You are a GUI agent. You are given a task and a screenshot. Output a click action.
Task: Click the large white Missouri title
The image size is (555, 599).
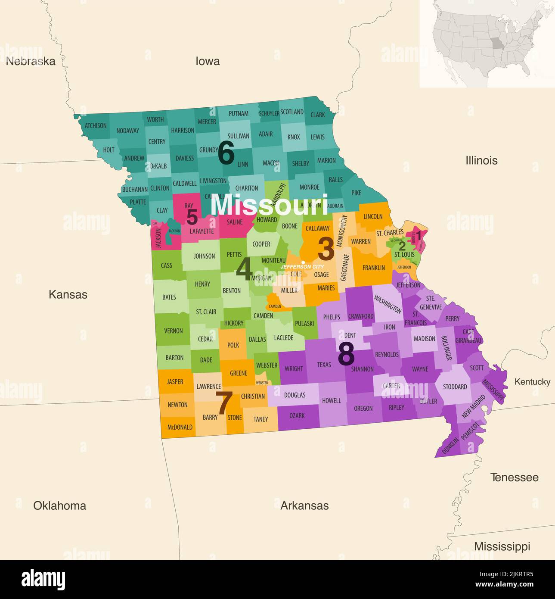[x=269, y=205]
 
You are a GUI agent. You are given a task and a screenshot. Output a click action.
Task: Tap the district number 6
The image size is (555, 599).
[x=226, y=153]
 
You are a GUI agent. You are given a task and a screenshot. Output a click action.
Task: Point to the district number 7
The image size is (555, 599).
[x=224, y=403]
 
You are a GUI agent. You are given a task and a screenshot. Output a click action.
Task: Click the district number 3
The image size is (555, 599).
[x=326, y=249]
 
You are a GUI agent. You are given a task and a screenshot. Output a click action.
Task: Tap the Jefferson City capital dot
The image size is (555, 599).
[x=303, y=262]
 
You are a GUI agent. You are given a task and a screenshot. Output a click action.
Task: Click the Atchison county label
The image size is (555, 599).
[x=96, y=126]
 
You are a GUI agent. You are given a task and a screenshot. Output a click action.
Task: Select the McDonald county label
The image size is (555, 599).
[x=180, y=427]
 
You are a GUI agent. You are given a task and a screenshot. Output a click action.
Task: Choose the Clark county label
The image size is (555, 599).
[x=318, y=115]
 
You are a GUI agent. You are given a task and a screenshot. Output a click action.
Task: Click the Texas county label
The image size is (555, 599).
[x=324, y=365]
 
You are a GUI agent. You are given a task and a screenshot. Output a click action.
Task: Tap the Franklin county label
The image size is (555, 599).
[x=373, y=268]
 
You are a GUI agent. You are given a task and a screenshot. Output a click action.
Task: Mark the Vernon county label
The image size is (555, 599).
[x=174, y=331]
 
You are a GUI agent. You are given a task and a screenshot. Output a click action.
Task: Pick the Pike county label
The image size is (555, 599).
[x=356, y=193]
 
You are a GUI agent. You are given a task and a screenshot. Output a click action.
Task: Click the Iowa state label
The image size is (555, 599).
[x=208, y=61]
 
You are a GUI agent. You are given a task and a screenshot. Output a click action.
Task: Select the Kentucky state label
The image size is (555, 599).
[x=532, y=382]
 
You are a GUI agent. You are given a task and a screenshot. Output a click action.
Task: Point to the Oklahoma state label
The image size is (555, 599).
[x=59, y=505]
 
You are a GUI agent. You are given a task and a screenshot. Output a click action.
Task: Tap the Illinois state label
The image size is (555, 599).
[x=481, y=160]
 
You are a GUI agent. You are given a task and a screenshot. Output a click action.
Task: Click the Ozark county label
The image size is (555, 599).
[x=297, y=415]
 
